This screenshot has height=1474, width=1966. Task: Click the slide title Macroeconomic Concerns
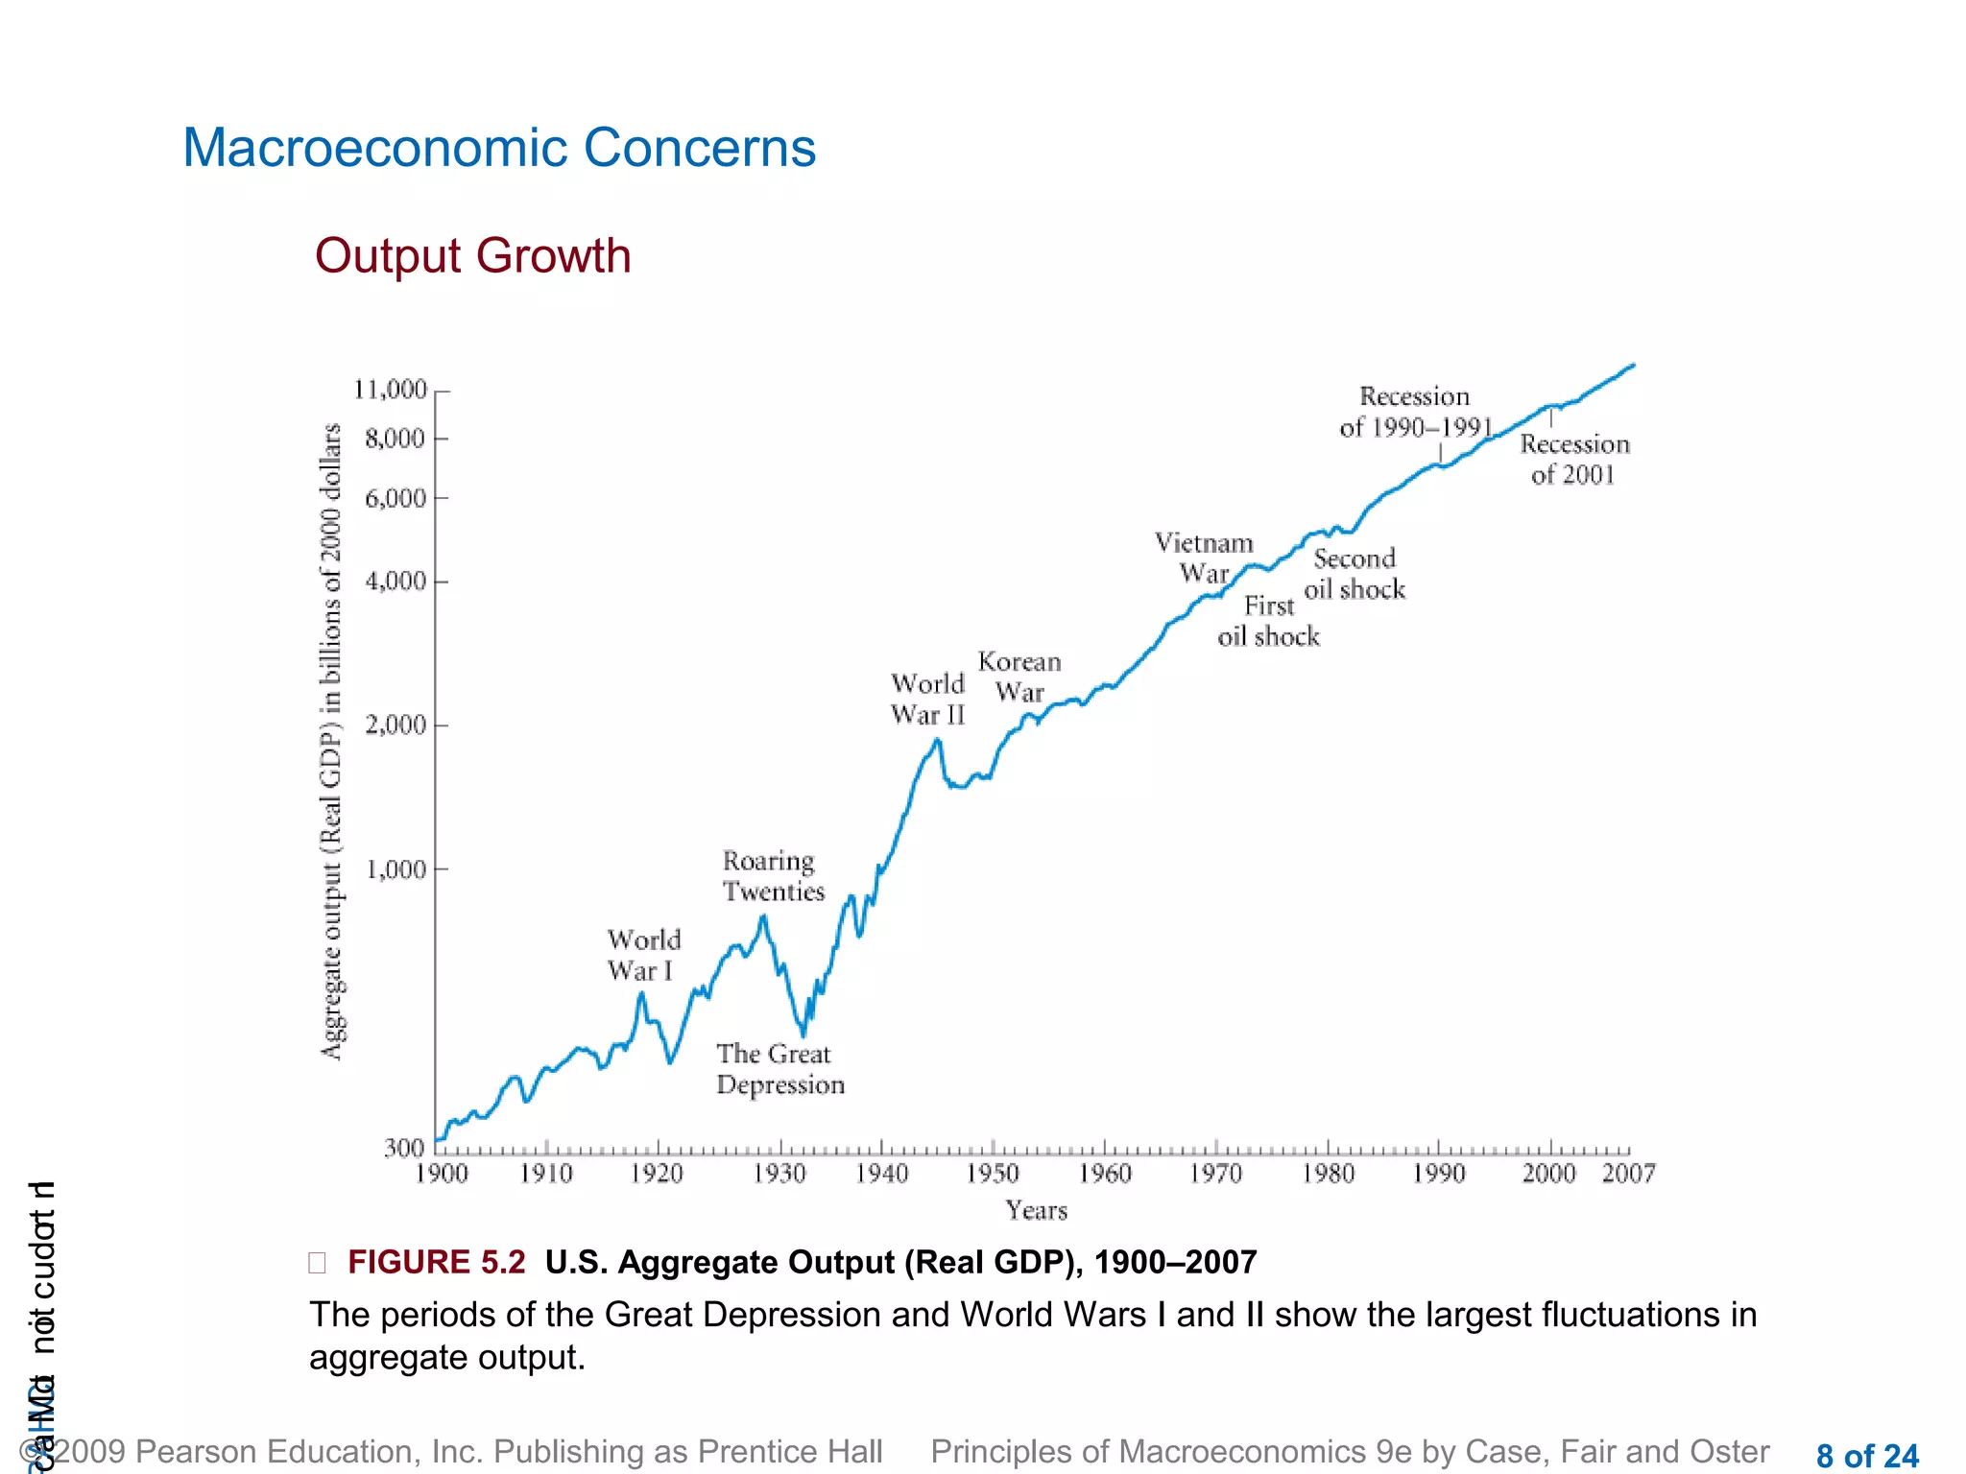pos(499,149)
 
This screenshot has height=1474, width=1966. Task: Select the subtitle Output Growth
pos(472,256)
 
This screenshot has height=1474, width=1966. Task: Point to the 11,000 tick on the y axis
pos(391,390)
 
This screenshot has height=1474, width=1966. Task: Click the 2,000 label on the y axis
pos(396,725)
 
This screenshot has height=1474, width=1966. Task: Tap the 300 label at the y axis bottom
pos(403,1148)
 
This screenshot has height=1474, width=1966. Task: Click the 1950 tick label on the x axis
pos(993,1174)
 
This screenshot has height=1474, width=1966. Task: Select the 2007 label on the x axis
pos(1628,1174)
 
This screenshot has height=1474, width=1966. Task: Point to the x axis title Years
pos(1036,1210)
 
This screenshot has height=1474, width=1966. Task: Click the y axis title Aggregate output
pos(331,741)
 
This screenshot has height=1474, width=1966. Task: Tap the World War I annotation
pos(643,955)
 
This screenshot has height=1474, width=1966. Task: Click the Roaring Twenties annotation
pos(773,876)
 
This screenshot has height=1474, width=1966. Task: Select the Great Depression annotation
pos(779,1069)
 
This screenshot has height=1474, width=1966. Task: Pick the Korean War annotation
pos(1019,677)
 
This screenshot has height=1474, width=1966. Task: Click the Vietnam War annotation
pos(1204,558)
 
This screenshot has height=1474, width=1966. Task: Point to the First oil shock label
pos(1268,621)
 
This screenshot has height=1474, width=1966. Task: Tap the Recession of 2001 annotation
pos(1574,459)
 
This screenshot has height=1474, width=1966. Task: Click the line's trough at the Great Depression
pos(803,1034)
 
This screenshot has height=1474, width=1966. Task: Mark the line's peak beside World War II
pos(937,739)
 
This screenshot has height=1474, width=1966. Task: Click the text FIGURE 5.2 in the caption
pos(437,1262)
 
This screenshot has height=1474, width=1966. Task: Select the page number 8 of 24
pos(1866,1456)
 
